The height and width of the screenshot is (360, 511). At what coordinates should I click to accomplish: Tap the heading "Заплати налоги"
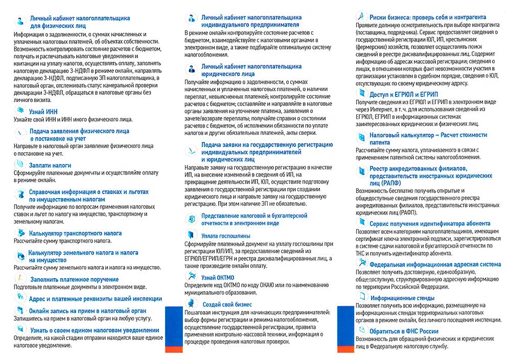(x=50, y=165)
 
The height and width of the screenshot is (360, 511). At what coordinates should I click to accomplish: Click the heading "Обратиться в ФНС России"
(x=406, y=331)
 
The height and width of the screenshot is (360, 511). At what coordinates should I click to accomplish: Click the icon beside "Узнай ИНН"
(x=20, y=110)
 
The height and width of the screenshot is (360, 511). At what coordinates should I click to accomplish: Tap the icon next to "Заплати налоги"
(x=20, y=164)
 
